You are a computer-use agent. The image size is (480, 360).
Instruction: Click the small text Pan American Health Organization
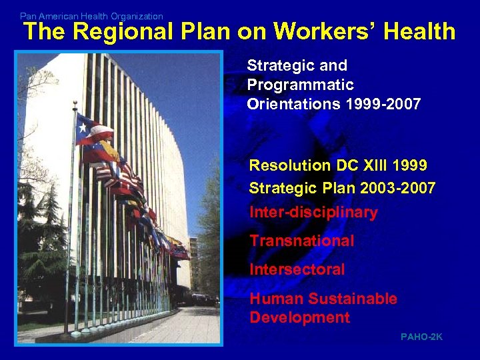[x=91, y=16]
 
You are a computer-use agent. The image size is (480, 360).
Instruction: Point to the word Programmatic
[x=300, y=85]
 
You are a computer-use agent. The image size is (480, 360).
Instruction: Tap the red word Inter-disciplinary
[x=313, y=213]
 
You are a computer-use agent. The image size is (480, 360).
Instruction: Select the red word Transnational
[x=302, y=241]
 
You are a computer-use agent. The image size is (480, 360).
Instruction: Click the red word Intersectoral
[x=297, y=269]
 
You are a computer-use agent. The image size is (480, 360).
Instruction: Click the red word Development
[x=299, y=317]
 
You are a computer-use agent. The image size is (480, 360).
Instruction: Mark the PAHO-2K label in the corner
[x=421, y=337]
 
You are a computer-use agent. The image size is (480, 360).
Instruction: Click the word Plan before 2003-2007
[x=337, y=189]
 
